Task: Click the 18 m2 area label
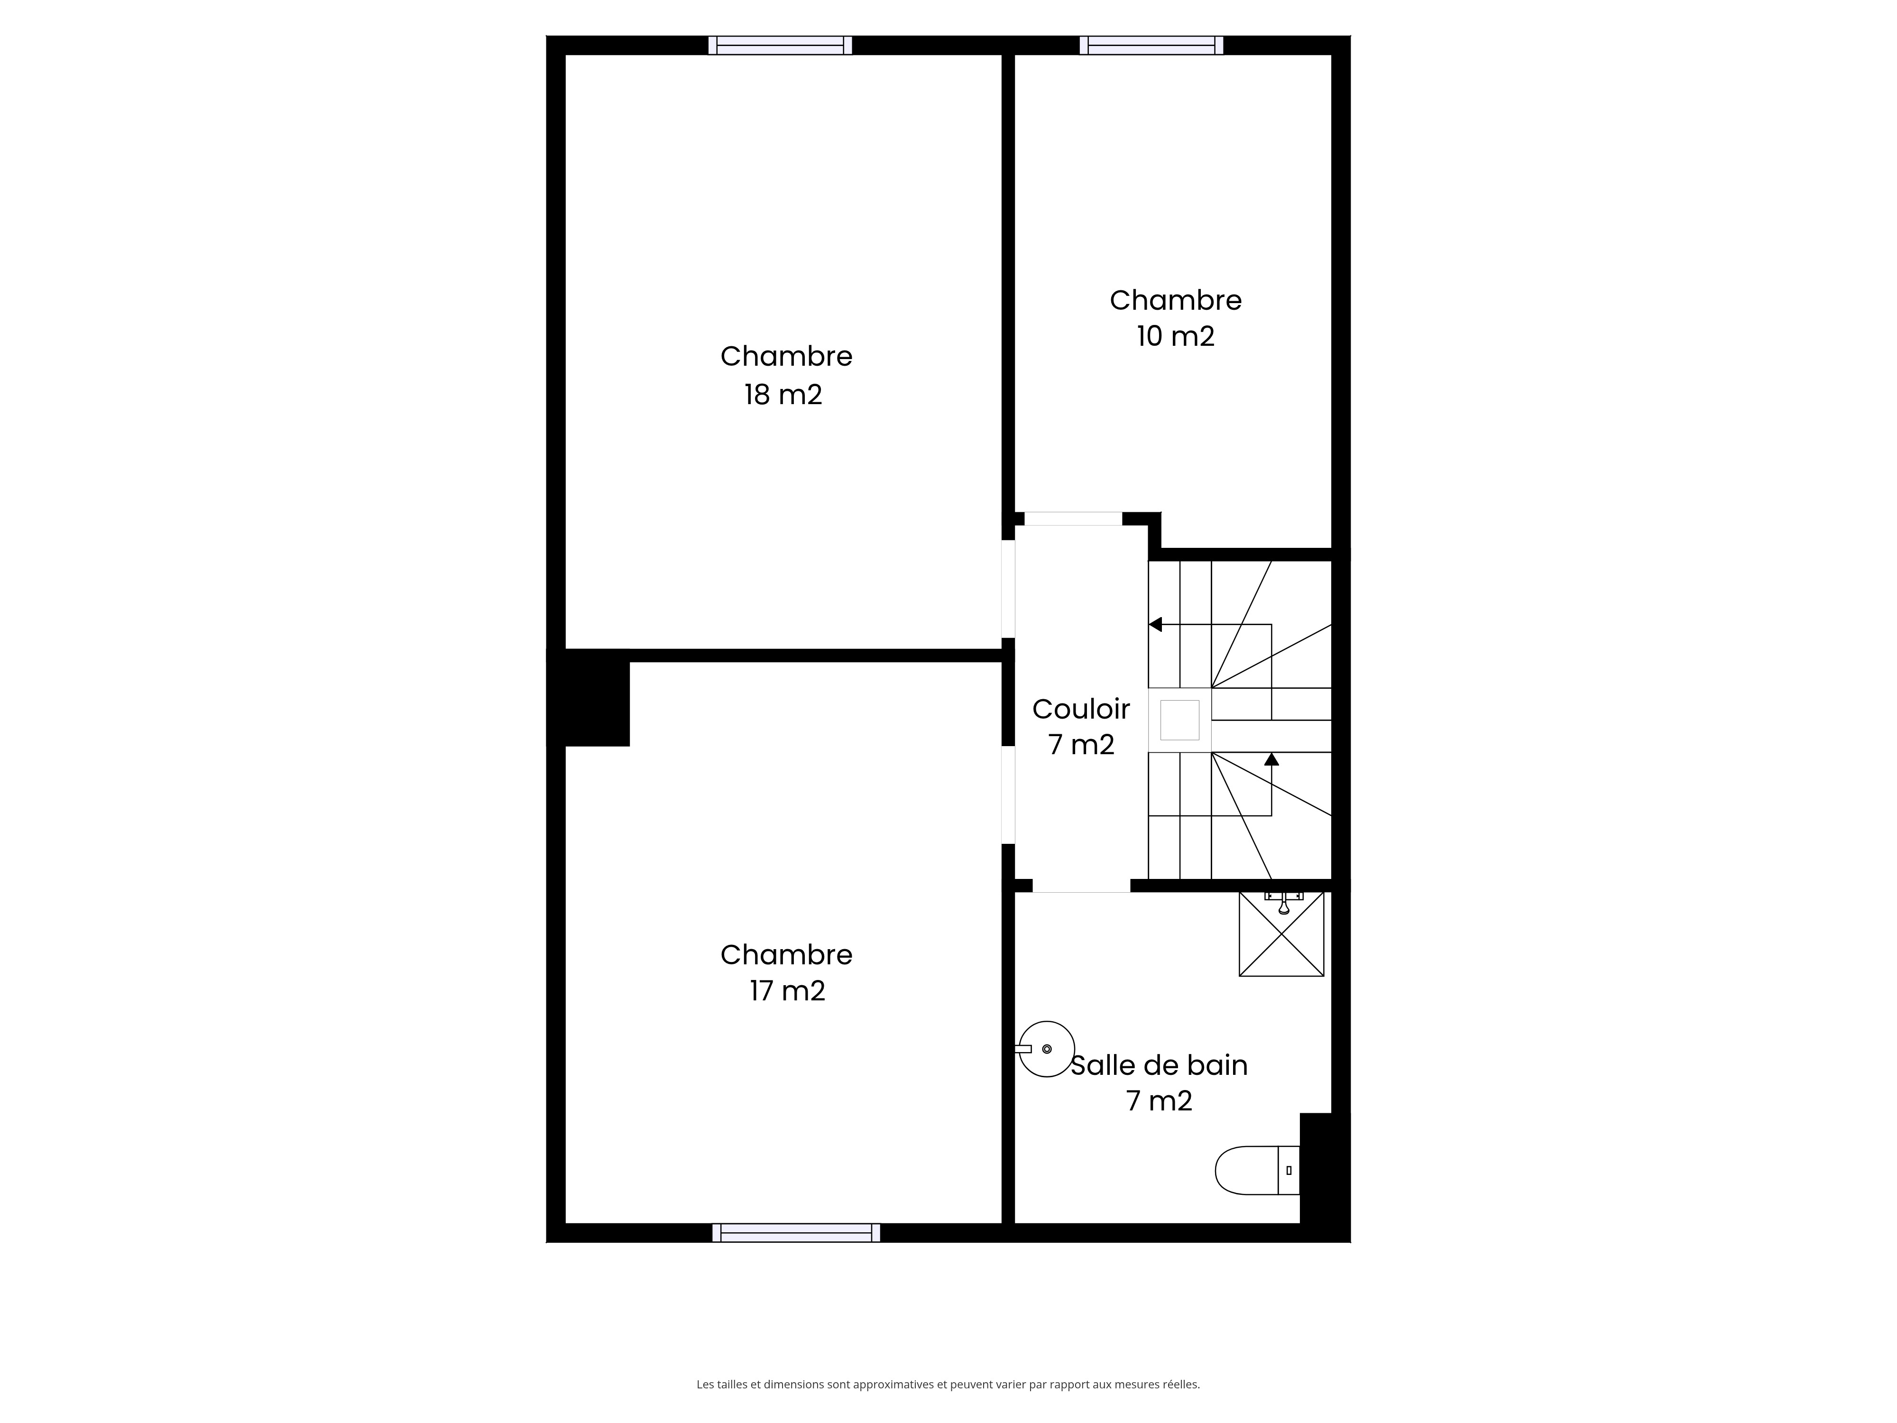click(x=783, y=395)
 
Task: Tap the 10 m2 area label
click(x=1176, y=336)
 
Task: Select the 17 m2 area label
click(x=787, y=991)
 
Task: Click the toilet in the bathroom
click(x=1257, y=1170)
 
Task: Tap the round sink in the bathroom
click(x=1045, y=1048)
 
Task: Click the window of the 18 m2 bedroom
click(x=781, y=46)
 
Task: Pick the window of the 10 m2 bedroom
click(x=1152, y=46)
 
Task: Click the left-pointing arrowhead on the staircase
click(x=1155, y=624)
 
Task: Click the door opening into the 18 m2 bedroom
click(x=1009, y=589)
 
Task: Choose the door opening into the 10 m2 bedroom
click(x=1073, y=519)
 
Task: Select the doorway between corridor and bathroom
click(x=1081, y=886)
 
